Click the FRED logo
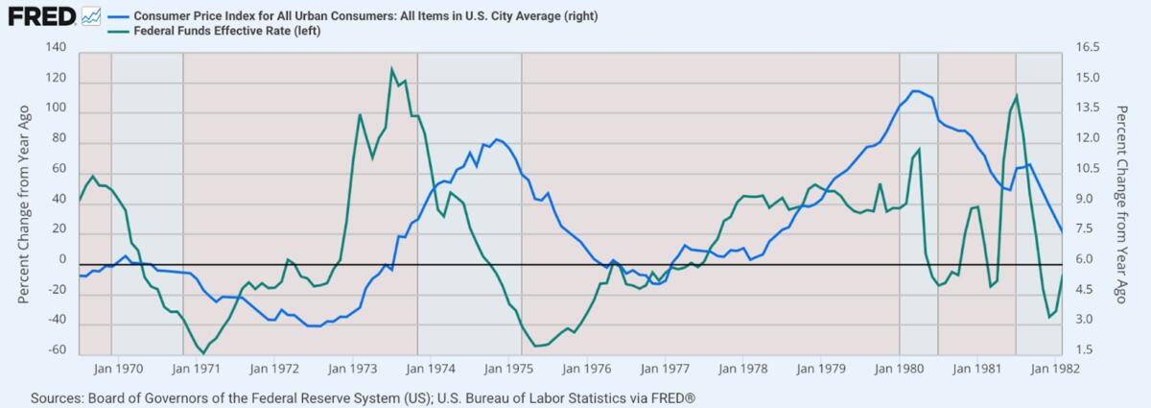pos(40,16)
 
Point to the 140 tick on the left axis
pos(56,48)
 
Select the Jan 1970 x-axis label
pos(123,368)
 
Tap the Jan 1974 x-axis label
pos(435,368)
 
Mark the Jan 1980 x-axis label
pos(899,368)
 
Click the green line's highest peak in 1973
pos(391,69)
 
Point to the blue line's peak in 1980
pos(916,91)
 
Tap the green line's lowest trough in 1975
pos(535,346)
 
